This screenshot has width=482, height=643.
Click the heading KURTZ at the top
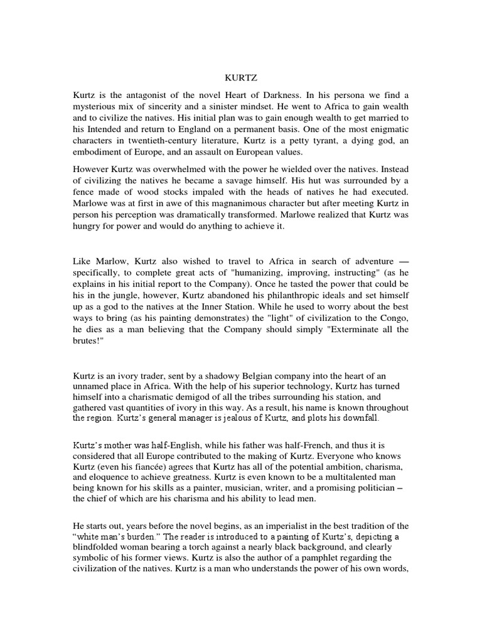pyautogui.click(x=240, y=78)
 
